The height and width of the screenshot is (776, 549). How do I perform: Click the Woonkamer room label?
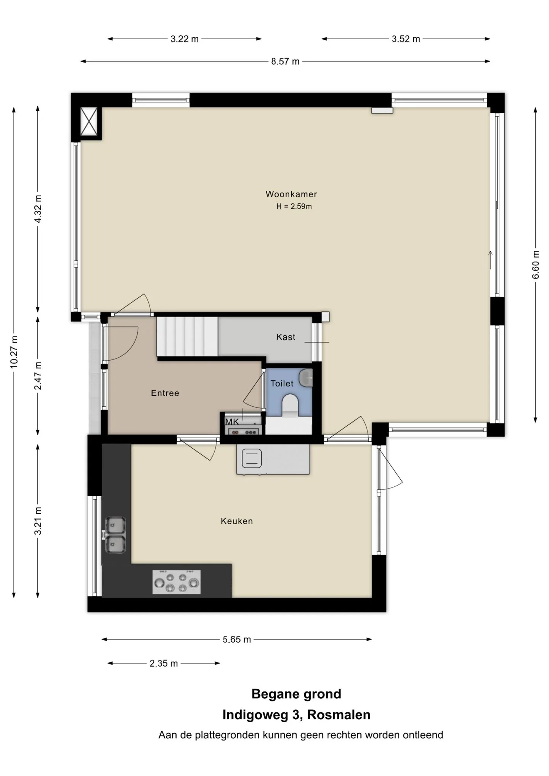pyautogui.click(x=291, y=194)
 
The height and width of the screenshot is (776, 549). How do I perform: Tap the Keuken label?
pyautogui.click(x=237, y=521)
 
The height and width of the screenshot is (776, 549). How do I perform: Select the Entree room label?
pyautogui.click(x=165, y=393)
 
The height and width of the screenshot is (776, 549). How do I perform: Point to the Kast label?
pyautogui.click(x=286, y=337)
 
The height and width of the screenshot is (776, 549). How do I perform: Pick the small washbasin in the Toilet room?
pyautogui.click(x=306, y=377)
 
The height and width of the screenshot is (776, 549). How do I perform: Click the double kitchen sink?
pyautogui.click(x=115, y=535)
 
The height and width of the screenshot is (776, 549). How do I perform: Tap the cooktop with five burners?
pyautogui.click(x=177, y=582)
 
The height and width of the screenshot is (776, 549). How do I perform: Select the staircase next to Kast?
pyautogui.click(x=187, y=337)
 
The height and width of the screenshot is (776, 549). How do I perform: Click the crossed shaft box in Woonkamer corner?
pyautogui.click(x=89, y=121)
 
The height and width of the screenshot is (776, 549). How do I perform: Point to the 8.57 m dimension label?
pyautogui.click(x=285, y=61)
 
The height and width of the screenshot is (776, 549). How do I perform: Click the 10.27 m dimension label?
pyautogui.click(x=14, y=352)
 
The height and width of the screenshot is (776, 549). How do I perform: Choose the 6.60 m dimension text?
pyautogui.click(x=536, y=265)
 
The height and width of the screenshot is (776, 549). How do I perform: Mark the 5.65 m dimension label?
pyautogui.click(x=237, y=639)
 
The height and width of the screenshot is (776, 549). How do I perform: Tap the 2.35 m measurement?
pyautogui.click(x=164, y=663)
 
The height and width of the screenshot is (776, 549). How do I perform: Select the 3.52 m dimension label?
pyautogui.click(x=406, y=39)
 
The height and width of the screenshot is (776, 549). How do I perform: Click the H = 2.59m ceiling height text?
pyautogui.click(x=294, y=207)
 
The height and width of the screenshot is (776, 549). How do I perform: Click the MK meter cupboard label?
pyautogui.click(x=232, y=422)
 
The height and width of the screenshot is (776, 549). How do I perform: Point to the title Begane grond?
pyautogui.click(x=296, y=694)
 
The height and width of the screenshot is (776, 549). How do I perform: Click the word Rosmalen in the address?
pyautogui.click(x=339, y=715)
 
